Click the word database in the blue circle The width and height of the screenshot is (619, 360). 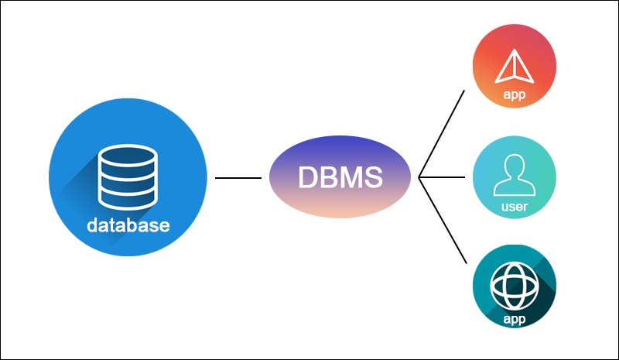(128, 227)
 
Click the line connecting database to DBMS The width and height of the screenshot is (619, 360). (238, 177)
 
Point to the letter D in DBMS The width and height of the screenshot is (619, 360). (308, 177)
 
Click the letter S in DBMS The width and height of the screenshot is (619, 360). (372, 177)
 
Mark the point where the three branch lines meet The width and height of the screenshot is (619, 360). (419, 177)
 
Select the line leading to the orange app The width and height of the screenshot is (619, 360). (442, 133)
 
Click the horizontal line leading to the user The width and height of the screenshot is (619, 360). (442, 177)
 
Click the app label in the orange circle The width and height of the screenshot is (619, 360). (515, 94)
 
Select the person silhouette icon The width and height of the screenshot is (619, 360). (515, 176)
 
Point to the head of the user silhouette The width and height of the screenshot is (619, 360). (515, 166)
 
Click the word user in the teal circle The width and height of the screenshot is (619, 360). (515, 207)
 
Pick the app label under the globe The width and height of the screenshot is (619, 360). (515, 318)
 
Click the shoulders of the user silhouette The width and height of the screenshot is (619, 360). (515, 188)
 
